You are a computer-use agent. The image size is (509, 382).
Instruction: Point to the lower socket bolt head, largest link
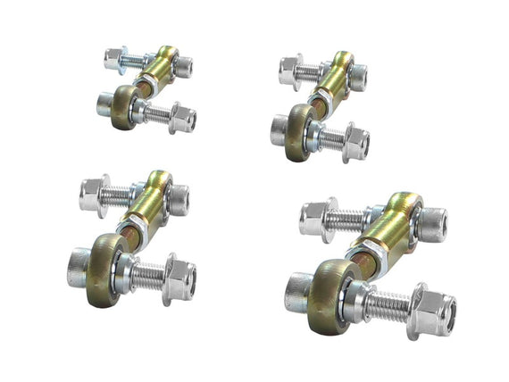click(x=299, y=291)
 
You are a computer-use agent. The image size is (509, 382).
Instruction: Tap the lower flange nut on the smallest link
click(x=182, y=118)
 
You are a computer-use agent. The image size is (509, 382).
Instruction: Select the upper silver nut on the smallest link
click(x=113, y=59)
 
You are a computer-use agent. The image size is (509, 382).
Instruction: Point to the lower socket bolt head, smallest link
click(x=104, y=104)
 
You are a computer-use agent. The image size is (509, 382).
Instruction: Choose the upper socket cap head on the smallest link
click(x=182, y=67)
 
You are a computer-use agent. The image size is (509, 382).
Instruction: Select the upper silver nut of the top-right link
click(x=289, y=70)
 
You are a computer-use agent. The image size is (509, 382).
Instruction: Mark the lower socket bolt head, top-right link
click(x=279, y=130)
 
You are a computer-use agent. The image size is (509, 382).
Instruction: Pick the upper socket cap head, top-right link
click(x=357, y=77)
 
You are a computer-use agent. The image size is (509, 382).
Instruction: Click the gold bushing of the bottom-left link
click(x=105, y=270)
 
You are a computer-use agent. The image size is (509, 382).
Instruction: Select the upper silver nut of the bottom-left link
click(x=94, y=194)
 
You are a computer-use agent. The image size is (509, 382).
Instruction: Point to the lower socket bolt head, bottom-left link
click(x=79, y=265)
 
